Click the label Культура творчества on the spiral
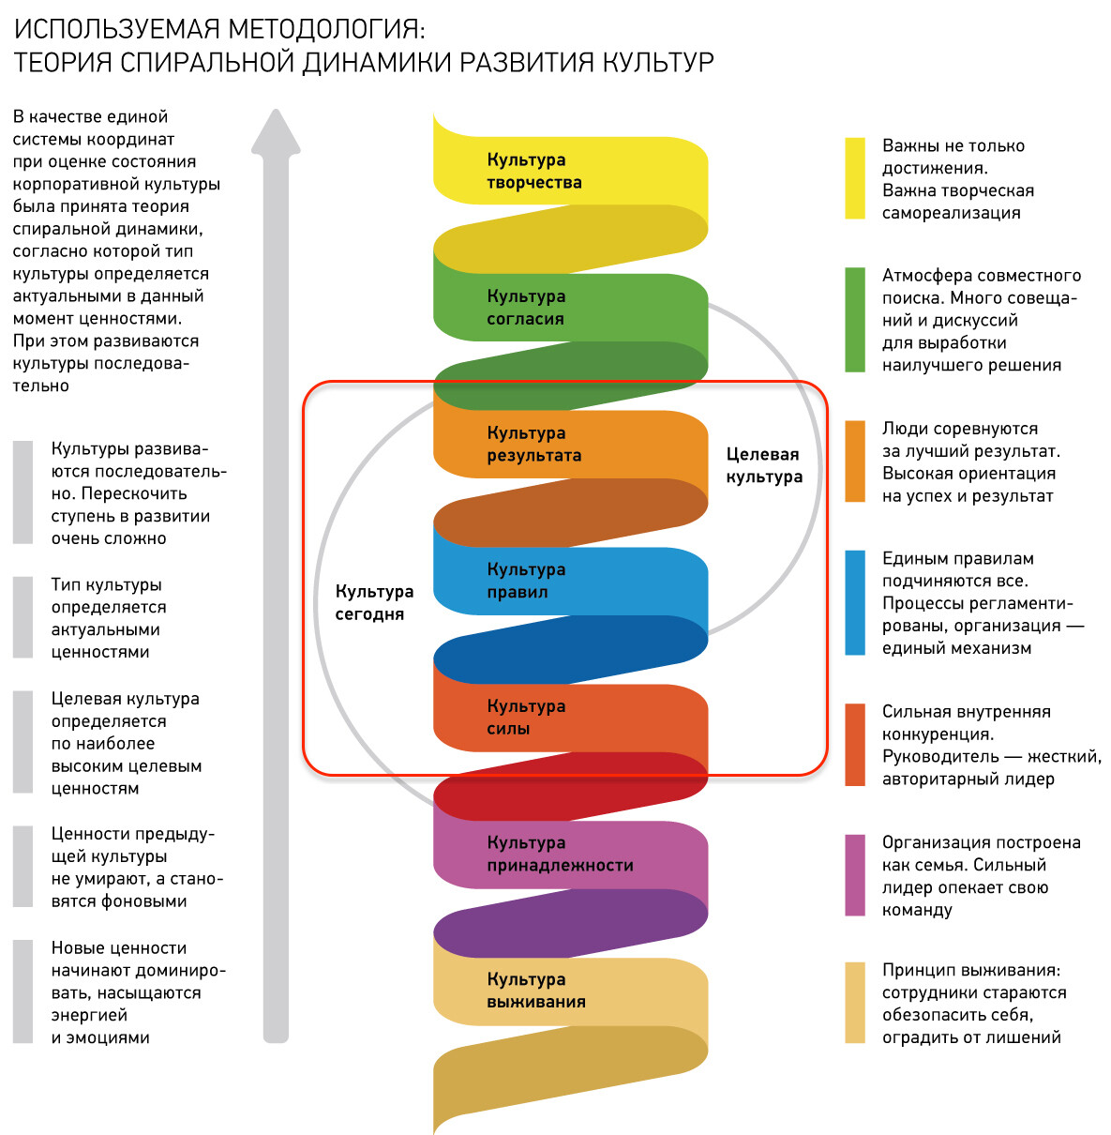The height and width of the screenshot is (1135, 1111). coord(533,171)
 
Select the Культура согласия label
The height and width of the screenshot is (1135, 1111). coord(526,308)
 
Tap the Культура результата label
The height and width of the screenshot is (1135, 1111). coord(533,444)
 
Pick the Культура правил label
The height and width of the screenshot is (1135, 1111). coord(526,581)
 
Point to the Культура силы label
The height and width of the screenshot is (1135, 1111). coord(526,718)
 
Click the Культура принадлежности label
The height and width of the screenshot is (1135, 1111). coord(560,854)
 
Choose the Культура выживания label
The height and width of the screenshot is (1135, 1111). coord(535,991)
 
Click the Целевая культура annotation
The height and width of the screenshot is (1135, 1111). coord(763,465)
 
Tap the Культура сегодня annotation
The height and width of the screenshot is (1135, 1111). coord(374,602)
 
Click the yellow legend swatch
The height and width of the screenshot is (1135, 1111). coord(854,178)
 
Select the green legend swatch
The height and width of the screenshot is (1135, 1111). coord(854,320)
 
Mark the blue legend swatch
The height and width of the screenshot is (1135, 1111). coord(854,602)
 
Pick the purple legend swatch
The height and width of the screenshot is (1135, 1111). coord(854,875)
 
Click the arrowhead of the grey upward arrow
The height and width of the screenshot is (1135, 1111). coord(276,132)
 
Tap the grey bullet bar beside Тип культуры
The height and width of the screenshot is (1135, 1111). coord(23,617)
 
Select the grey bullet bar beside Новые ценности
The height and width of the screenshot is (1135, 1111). coord(23,991)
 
